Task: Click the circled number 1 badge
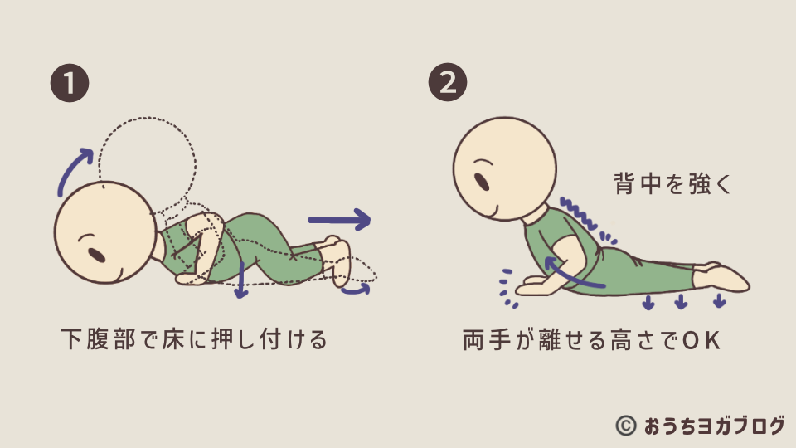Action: pyautogui.click(x=70, y=83)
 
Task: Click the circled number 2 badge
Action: pyautogui.click(x=447, y=82)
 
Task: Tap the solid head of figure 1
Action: pyautogui.click(x=105, y=232)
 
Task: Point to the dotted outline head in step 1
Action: pyautogui.click(x=148, y=163)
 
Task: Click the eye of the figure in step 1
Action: pyautogui.click(x=96, y=255)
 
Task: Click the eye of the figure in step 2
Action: pyautogui.click(x=481, y=182)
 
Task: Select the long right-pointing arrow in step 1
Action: pyautogui.click(x=339, y=219)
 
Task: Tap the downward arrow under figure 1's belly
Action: pyautogui.click(x=241, y=280)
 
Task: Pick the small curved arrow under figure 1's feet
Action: pyautogui.click(x=356, y=290)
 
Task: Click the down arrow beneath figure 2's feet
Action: pyautogui.click(x=719, y=300)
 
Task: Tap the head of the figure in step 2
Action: pyautogui.click(x=505, y=168)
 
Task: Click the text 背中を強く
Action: pyautogui.click(x=672, y=183)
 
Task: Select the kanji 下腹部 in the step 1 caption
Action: pyautogui.click(x=99, y=338)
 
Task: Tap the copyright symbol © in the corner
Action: pyautogui.click(x=625, y=426)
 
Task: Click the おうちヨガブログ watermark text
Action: pyautogui.click(x=714, y=426)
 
